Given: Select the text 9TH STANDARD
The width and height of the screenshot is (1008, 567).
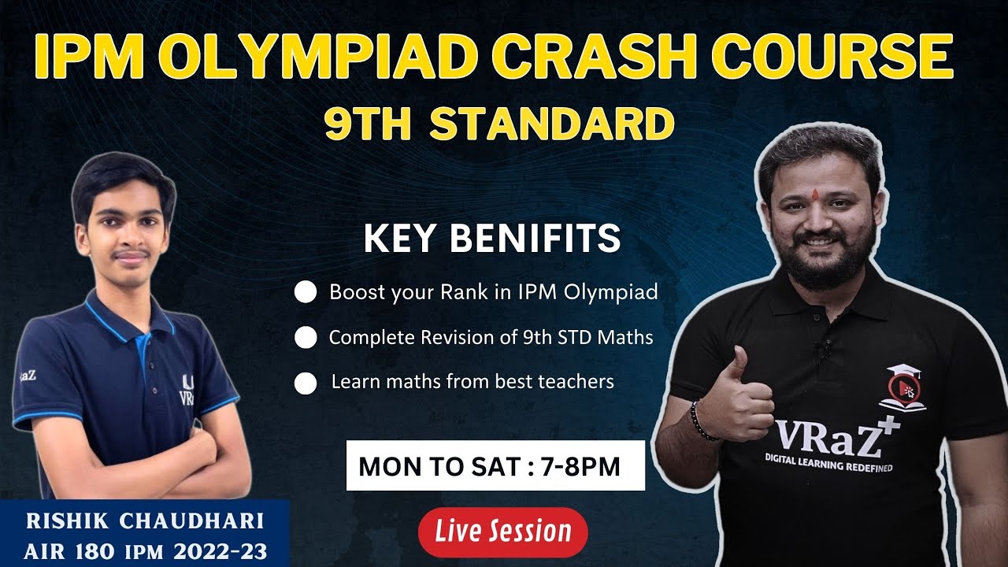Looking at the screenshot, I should [499, 125].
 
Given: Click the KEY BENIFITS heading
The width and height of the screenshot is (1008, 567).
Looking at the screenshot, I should [492, 239].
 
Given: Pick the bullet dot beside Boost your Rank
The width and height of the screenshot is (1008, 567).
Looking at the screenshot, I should [305, 293].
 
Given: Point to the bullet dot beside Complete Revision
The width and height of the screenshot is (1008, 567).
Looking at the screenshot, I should [305, 338].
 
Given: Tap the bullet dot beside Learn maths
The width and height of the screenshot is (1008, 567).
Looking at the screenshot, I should [305, 383].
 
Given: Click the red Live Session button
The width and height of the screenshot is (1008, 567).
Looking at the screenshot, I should [502, 532].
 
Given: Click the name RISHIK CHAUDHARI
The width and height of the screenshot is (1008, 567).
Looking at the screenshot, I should [144, 521].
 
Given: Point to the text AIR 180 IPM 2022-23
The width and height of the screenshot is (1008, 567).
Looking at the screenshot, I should [144, 550].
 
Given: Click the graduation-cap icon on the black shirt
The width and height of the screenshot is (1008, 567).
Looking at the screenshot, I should [904, 386].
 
